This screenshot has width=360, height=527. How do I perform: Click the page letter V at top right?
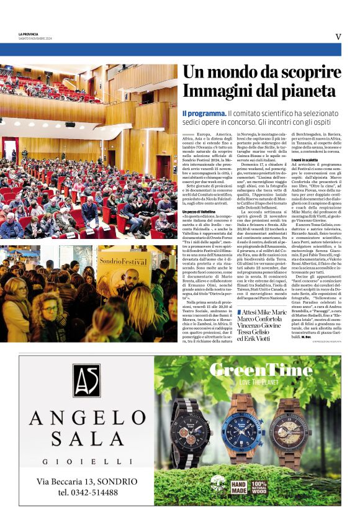click(338, 37)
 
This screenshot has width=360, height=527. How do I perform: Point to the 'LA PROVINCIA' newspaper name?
click(29, 34)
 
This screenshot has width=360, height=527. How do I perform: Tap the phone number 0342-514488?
click(88, 492)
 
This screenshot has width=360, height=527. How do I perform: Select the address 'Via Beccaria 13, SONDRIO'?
click(86, 481)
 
